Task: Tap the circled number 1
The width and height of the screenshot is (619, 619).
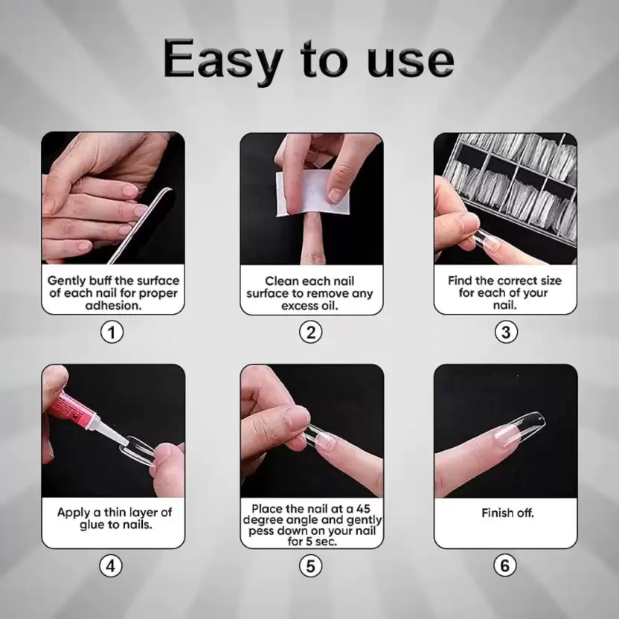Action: click(112, 332)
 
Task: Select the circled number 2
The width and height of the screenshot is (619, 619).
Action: click(311, 332)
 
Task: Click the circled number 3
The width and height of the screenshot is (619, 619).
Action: click(506, 332)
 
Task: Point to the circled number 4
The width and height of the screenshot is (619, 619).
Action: click(112, 566)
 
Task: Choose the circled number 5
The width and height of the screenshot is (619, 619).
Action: click(311, 566)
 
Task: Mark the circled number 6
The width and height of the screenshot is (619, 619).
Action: click(506, 566)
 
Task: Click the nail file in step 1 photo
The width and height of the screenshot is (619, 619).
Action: click(141, 223)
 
